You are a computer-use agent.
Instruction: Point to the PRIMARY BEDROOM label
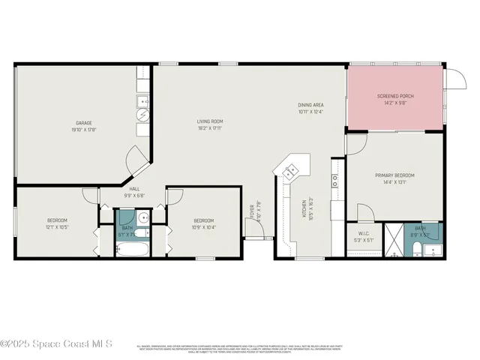pyautogui.click(x=394, y=175)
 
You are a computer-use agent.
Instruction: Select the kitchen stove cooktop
pyautogui.click(x=335, y=181)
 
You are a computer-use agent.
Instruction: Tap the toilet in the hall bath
pyautogui.click(x=146, y=233)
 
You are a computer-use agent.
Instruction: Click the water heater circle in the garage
pyautogui.click(x=142, y=115)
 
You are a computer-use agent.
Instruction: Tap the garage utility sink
pyautogui.click(x=142, y=100)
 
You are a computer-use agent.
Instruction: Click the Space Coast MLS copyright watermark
pyautogui.click(x=56, y=343)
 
